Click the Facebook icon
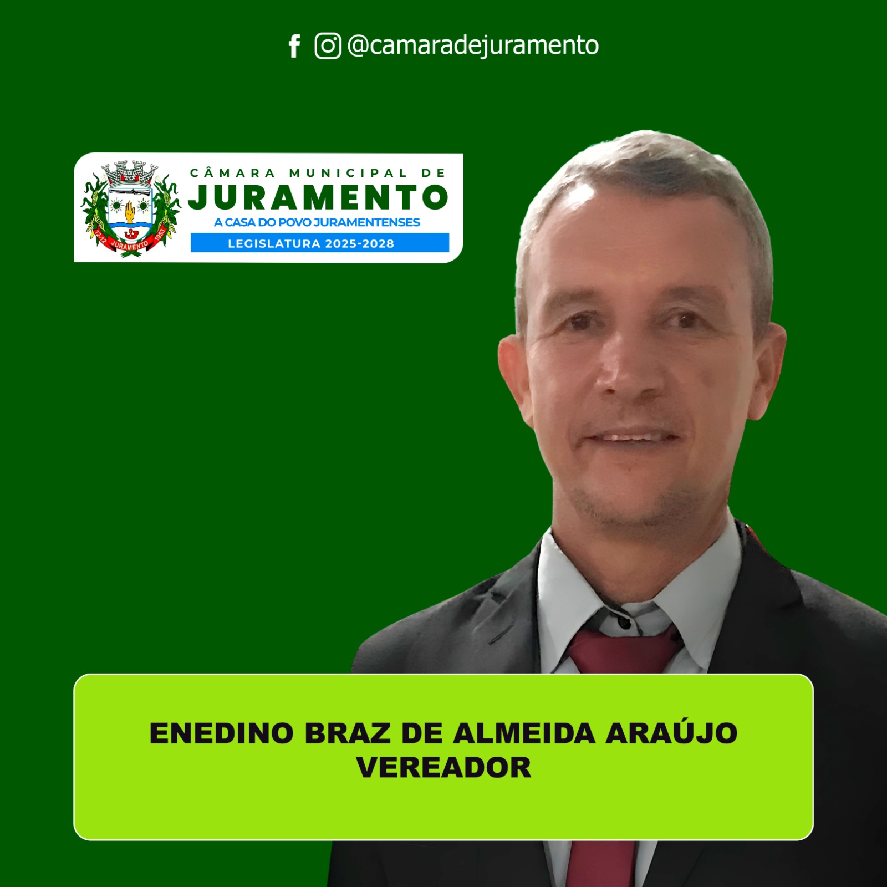[x=294, y=46]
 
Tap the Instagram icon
[x=328, y=45]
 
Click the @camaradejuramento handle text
[x=473, y=45]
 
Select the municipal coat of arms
[x=131, y=208]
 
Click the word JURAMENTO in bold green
[x=318, y=197]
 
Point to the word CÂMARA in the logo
[x=232, y=172]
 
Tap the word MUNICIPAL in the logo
[x=348, y=173]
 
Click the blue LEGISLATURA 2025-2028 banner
[x=320, y=243]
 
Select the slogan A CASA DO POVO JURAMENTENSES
[x=317, y=222]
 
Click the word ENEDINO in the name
[x=221, y=733]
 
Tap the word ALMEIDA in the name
[x=524, y=733]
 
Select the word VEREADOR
[x=443, y=768]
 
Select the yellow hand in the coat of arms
[x=129, y=211]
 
